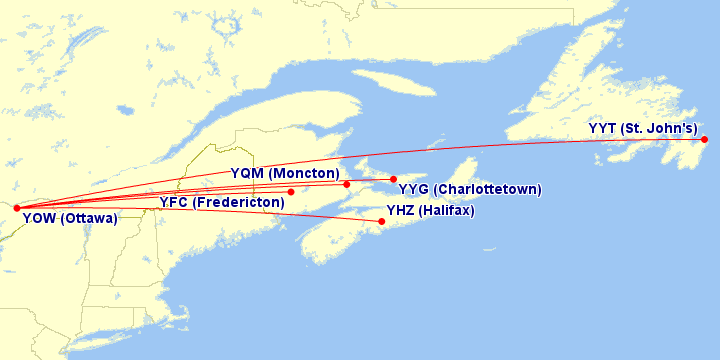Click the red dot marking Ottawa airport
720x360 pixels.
click(17, 208)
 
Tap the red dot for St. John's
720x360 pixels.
click(705, 139)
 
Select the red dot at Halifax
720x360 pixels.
click(382, 221)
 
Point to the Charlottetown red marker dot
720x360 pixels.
click(394, 180)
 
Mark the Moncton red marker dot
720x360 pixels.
click(347, 184)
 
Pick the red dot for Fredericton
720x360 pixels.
click(291, 192)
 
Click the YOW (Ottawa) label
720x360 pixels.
click(69, 218)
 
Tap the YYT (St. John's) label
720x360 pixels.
click(643, 128)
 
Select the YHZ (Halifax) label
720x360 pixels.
click(430, 211)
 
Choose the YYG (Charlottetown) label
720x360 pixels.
click(470, 189)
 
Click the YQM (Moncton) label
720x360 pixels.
click(285, 174)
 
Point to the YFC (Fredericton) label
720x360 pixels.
click(222, 203)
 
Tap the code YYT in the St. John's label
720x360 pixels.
click(602, 128)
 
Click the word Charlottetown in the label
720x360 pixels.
click(488, 189)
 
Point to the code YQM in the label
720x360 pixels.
click(247, 174)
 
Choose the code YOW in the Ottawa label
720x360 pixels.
click(38, 218)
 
